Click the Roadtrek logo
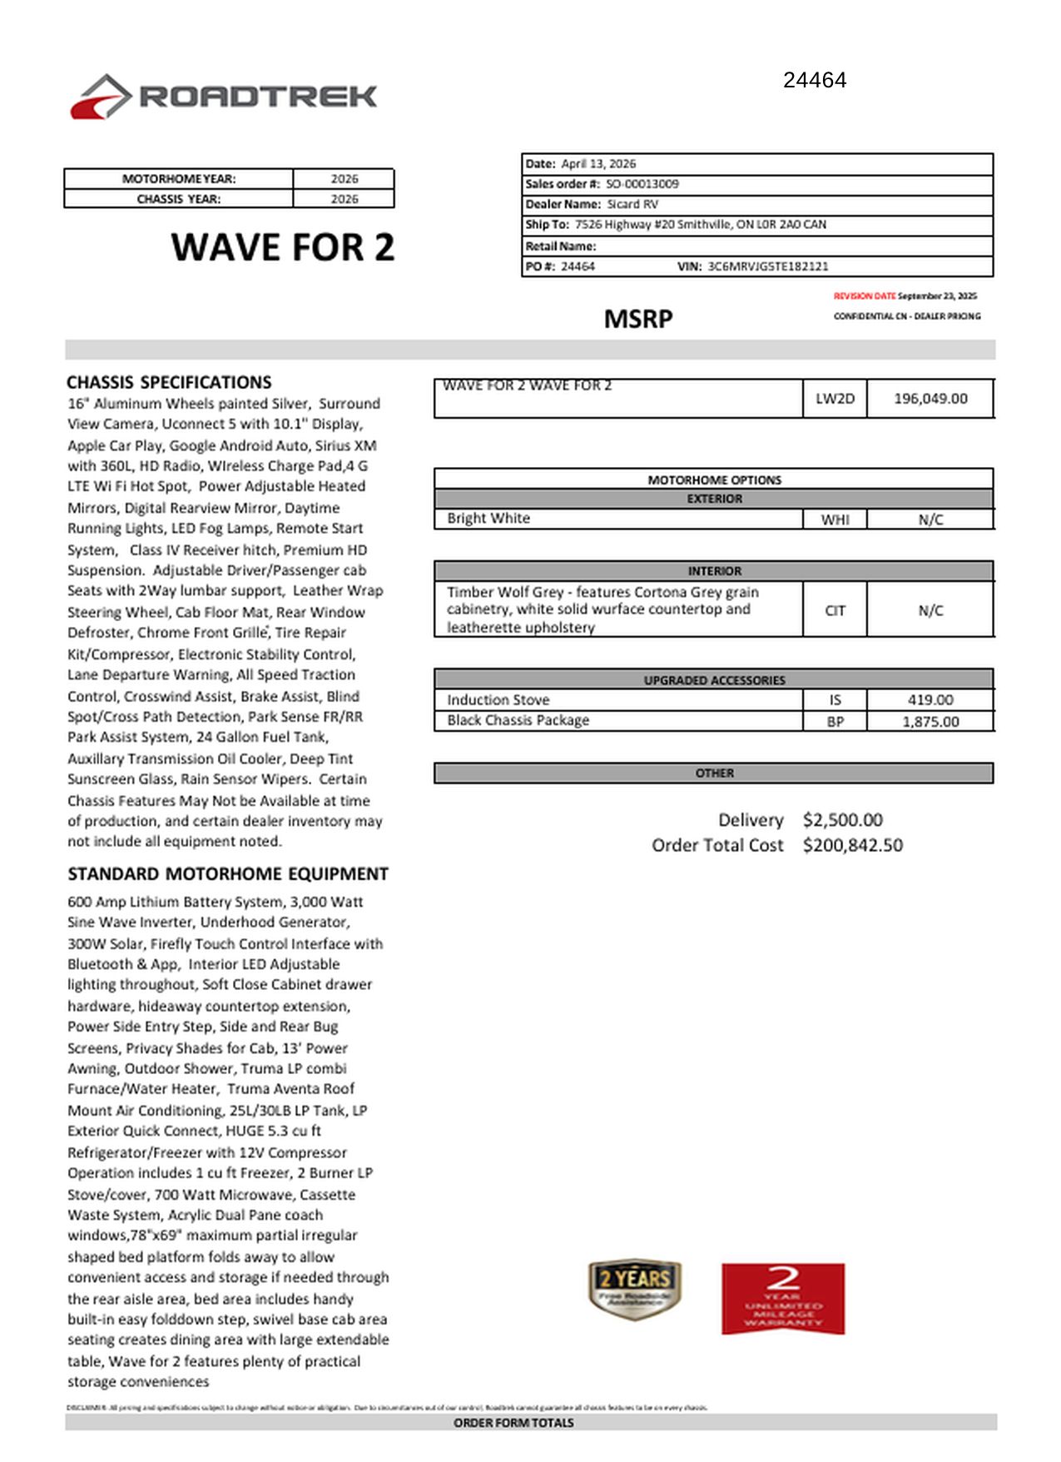click(x=223, y=97)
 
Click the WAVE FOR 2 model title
click(x=282, y=248)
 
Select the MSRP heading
click(x=638, y=319)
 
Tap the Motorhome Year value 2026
click(x=344, y=179)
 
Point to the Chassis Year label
click(x=179, y=199)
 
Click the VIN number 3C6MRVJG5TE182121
click(x=767, y=266)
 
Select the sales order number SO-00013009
click(x=642, y=184)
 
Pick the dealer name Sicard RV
click(x=632, y=204)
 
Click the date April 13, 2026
click(x=598, y=164)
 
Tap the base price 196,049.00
click(x=930, y=399)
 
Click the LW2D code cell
click(x=835, y=399)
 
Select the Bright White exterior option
click(x=488, y=519)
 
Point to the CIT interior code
click(x=835, y=610)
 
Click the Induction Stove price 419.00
click(x=930, y=700)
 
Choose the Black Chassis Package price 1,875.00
click(x=930, y=722)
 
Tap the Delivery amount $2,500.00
click(x=842, y=820)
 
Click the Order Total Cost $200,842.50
click(x=852, y=845)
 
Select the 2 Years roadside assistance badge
click(x=635, y=1289)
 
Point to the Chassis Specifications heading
click(x=169, y=383)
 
